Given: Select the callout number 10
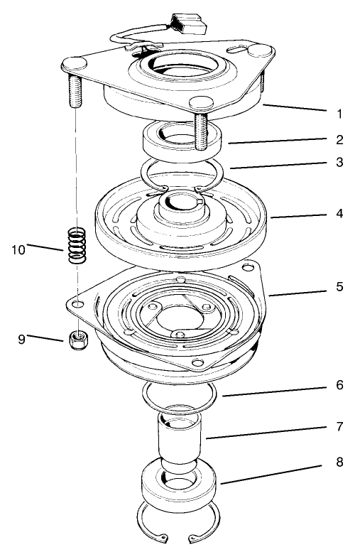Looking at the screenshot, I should (19, 249).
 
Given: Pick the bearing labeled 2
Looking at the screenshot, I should (183, 141).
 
